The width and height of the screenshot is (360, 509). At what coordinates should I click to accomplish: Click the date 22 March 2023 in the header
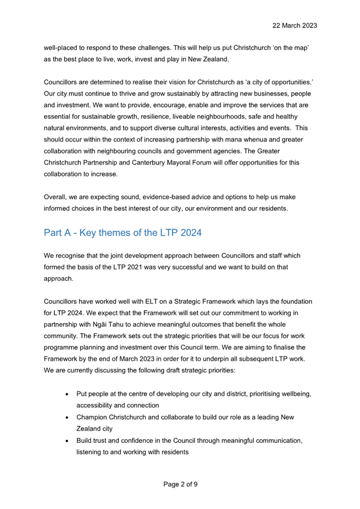pyautogui.click(x=294, y=26)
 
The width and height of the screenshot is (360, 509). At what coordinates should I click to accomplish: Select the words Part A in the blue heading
pyautogui.click(x=60, y=232)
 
